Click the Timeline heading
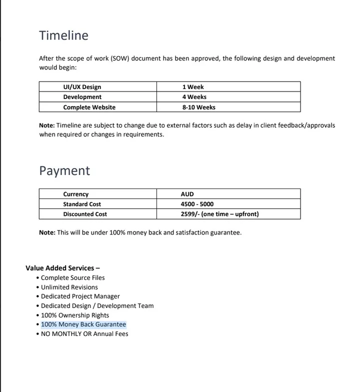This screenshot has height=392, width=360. coord(63,35)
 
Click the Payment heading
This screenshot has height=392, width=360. coord(64,170)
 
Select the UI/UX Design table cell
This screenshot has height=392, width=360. coord(82,87)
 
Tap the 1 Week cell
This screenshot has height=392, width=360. coord(193,87)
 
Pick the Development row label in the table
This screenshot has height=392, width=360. coord(82,97)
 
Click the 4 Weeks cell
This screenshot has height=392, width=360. coord(194,97)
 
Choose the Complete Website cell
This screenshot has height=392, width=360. coord(89,107)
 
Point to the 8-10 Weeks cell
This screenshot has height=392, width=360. coord(199,107)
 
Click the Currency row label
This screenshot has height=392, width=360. coord(75,194)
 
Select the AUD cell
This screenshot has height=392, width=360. coord(187,194)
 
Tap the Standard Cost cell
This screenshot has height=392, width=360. coord(82,204)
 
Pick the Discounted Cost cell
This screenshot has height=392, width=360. coord(85,214)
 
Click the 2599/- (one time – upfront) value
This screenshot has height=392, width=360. coord(219,214)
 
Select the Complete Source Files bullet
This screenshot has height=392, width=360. coord(73,277)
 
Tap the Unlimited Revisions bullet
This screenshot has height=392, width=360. coord(69,287)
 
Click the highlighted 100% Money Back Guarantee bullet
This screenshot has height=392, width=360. coord(83,324)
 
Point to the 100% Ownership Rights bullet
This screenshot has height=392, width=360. coord(75,315)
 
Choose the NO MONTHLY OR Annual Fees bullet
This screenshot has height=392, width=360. coord(84,333)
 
